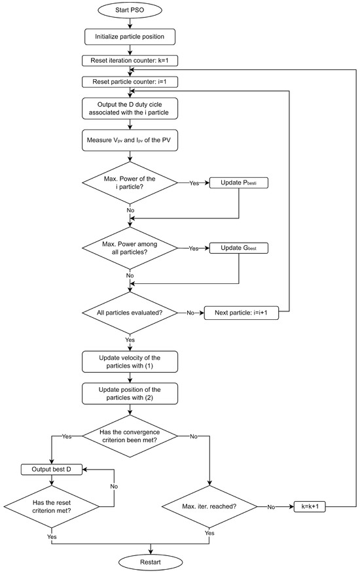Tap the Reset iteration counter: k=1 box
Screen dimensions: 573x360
click(x=131, y=61)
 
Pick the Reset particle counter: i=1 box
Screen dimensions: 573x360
click(x=131, y=82)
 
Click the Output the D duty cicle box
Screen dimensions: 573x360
click(x=131, y=109)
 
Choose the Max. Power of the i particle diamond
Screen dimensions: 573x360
click(x=131, y=184)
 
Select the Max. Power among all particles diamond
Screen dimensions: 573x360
click(x=131, y=249)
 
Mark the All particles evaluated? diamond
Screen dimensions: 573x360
click(x=131, y=313)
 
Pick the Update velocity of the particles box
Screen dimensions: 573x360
click(x=131, y=362)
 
